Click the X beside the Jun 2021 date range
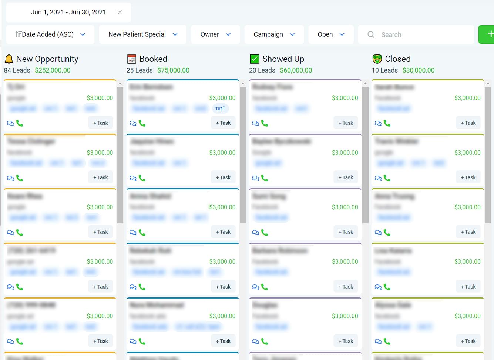click(x=120, y=12)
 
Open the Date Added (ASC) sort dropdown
click(x=50, y=34)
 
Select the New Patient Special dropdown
click(x=142, y=34)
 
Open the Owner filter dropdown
click(x=215, y=34)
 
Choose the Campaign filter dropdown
click(x=274, y=34)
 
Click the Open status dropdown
click(x=331, y=34)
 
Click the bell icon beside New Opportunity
click(x=9, y=59)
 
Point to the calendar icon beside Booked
click(x=131, y=59)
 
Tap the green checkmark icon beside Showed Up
click(x=255, y=59)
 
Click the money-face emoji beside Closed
click(x=377, y=59)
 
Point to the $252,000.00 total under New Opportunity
click(x=53, y=70)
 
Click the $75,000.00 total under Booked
click(x=173, y=70)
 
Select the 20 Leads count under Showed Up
click(x=262, y=70)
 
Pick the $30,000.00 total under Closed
click(x=418, y=70)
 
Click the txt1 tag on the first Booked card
click(x=220, y=109)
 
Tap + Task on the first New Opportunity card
click(x=101, y=123)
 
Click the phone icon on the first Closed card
click(x=387, y=123)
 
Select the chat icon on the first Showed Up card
click(x=255, y=123)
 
